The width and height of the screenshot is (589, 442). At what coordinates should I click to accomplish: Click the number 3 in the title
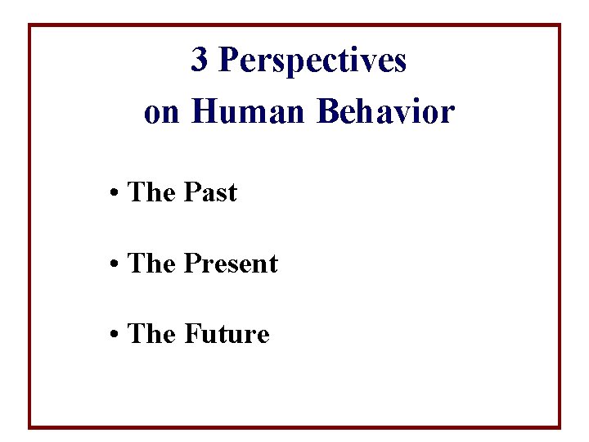(199, 60)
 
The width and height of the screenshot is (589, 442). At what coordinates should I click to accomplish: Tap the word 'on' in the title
(161, 113)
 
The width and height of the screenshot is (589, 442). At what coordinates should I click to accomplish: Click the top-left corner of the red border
(30, 25)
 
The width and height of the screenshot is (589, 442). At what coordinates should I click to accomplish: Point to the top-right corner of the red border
(560, 25)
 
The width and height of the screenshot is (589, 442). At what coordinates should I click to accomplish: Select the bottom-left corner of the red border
(30, 426)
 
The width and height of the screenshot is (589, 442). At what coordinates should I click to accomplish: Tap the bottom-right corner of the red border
(560, 426)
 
